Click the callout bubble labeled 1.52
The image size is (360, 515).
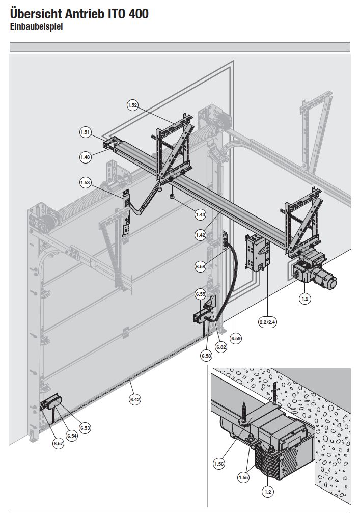click(x=132, y=105)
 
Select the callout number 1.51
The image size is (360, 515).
click(x=85, y=132)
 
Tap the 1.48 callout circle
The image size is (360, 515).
click(x=85, y=157)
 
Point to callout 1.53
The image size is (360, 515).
click(x=85, y=182)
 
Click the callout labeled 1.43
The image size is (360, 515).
click(x=201, y=215)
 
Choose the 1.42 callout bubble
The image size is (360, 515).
click(x=201, y=235)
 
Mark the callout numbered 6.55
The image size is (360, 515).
click(x=200, y=294)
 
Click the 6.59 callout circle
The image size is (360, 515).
click(x=236, y=337)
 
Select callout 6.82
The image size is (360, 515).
click(x=221, y=347)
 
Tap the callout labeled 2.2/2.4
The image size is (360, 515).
click(x=268, y=322)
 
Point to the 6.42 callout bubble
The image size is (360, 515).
click(x=135, y=400)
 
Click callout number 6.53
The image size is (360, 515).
click(x=85, y=428)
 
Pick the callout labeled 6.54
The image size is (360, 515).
click(x=72, y=436)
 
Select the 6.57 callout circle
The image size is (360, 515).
click(x=59, y=444)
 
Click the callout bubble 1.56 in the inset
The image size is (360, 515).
click(x=219, y=464)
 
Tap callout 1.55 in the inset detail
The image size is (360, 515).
click(x=244, y=478)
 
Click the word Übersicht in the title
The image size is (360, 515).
click(x=34, y=14)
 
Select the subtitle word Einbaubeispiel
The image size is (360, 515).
click(x=36, y=27)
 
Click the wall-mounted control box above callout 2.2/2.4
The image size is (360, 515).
click(x=256, y=252)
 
